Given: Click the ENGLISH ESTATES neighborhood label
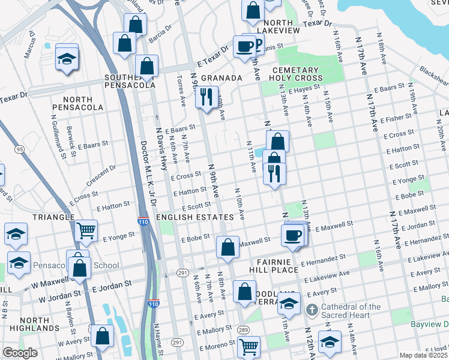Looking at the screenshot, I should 194,217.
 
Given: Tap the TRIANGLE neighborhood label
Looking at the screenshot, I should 53,217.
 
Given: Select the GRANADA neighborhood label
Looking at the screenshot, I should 221,78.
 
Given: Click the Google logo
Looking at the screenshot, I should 20,353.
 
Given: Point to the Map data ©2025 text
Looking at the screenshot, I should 424,355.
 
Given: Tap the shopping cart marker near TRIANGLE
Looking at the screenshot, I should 86,230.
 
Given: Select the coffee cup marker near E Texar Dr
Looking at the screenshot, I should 244,47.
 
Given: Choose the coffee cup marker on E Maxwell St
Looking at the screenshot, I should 292,235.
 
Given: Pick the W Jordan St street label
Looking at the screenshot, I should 59,296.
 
